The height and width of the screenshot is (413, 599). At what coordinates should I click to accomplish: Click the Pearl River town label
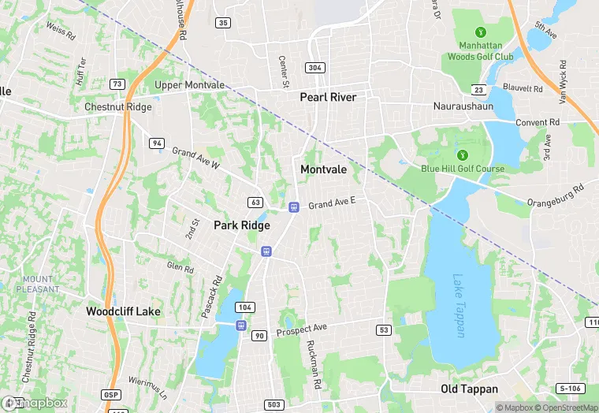(328, 97)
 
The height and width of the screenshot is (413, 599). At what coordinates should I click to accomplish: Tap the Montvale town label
(324, 169)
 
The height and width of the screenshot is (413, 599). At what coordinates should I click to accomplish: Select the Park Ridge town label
(242, 225)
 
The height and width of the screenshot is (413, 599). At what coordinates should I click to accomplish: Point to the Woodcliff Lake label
(123, 311)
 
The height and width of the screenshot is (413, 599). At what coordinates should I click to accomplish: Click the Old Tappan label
(469, 389)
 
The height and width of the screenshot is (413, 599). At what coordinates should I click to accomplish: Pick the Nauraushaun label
(463, 105)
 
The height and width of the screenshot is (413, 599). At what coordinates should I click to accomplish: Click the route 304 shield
(315, 67)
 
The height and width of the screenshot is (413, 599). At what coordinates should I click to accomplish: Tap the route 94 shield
(158, 143)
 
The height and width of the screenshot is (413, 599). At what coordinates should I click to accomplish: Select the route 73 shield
(117, 84)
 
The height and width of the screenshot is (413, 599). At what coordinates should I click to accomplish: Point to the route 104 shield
(245, 307)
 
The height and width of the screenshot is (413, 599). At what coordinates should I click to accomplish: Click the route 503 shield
(273, 404)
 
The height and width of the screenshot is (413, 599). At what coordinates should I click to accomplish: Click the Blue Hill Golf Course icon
(463, 154)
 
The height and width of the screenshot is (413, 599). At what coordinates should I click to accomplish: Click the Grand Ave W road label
(196, 158)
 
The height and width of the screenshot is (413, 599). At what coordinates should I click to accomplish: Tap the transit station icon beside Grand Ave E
(294, 207)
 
